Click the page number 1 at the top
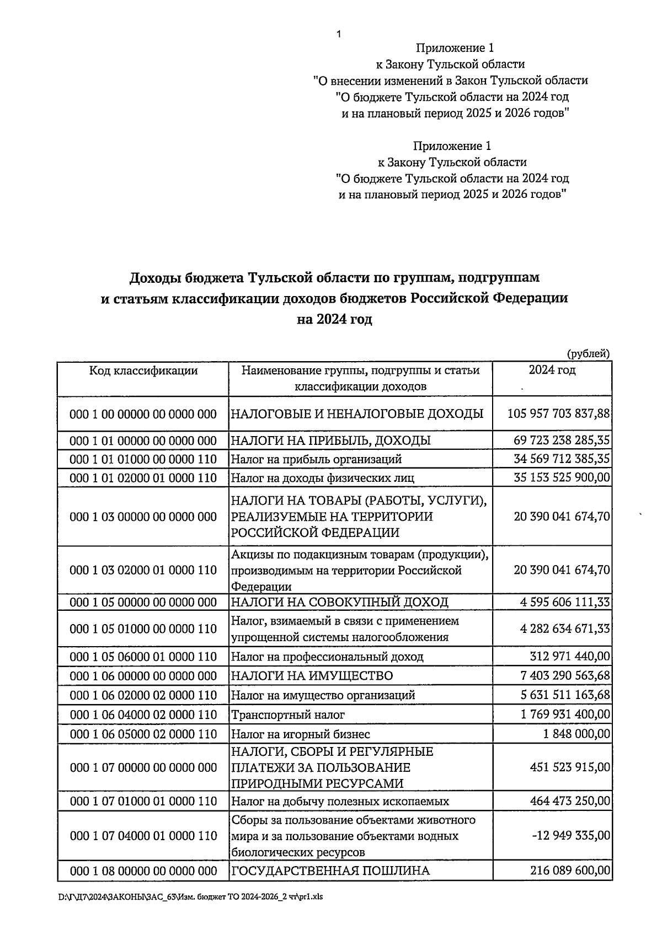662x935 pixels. [x=338, y=34]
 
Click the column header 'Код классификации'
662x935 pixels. [x=143, y=370]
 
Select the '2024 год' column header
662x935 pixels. [x=552, y=370]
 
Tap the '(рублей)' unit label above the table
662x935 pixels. [x=588, y=353]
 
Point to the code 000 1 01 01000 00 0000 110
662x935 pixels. [x=143, y=459]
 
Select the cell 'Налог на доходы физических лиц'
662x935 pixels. [x=322, y=478]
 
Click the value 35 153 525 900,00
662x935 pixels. [x=562, y=477]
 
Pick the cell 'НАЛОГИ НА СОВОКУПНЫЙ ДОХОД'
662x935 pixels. [x=339, y=602]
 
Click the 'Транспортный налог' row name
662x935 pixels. [x=287, y=715]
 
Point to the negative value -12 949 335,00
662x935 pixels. [x=571, y=836]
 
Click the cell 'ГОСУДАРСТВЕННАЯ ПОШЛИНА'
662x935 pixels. [x=330, y=871]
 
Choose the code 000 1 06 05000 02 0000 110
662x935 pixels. [x=143, y=734]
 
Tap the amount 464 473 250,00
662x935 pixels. [x=570, y=801]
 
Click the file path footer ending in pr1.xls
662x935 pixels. [x=190, y=897]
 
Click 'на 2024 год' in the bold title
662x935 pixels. [x=335, y=319]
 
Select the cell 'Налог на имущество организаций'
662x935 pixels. [x=323, y=696]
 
